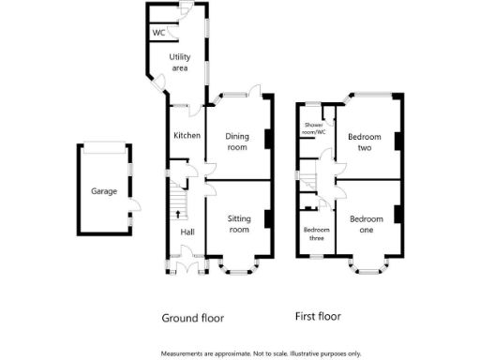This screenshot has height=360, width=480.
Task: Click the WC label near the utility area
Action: [158, 33]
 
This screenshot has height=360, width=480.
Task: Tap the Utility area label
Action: [179, 62]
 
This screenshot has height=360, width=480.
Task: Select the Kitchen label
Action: [187, 136]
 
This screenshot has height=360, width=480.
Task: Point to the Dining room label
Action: [237, 142]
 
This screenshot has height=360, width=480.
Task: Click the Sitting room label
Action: [239, 223]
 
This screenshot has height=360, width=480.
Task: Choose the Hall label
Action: [187, 232]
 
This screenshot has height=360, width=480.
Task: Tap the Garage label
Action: [103, 191]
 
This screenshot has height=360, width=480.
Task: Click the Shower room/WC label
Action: [314, 129]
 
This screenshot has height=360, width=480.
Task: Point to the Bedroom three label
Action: [316, 233]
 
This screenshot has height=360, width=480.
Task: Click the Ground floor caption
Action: [193, 318]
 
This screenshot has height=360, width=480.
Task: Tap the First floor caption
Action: [317, 317]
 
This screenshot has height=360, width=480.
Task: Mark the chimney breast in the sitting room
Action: [268, 219]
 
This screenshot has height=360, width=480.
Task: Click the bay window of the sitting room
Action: [238, 269]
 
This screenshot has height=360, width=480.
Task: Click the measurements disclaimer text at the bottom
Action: [261, 353]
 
